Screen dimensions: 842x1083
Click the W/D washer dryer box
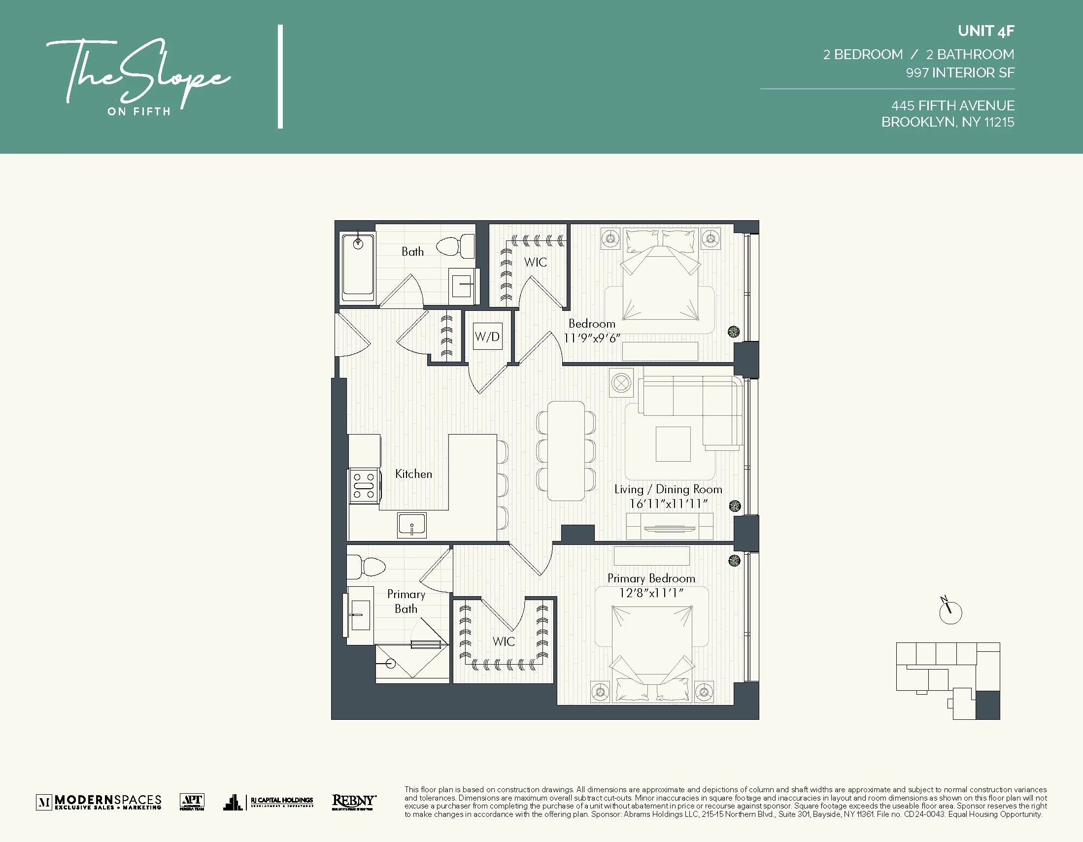(x=487, y=336)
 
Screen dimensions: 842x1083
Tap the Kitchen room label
(x=413, y=474)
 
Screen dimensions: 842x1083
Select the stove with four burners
(x=364, y=486)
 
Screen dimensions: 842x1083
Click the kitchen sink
(x=411, y=525)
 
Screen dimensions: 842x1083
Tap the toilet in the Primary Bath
(x=367, y=565)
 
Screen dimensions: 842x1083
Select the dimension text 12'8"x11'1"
(x=651, y=593)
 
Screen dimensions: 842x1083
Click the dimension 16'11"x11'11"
(x=668, y=504)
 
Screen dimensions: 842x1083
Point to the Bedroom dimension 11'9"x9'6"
(x=592, y=338)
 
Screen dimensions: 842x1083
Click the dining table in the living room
(x=566, y=451)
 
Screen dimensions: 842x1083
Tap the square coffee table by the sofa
(x=673, y=444)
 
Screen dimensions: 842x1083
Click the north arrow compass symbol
(x=950, y=612)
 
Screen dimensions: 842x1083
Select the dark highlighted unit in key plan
(x=987, y=705)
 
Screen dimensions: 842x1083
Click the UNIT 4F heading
(x=986, y=31)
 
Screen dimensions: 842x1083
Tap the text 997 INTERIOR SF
(x=960, y=73)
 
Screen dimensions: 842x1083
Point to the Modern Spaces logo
(x=99, y=802)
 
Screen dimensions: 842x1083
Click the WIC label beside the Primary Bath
(x=504, y=641)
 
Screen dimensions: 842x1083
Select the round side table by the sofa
(x=621, y=383)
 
